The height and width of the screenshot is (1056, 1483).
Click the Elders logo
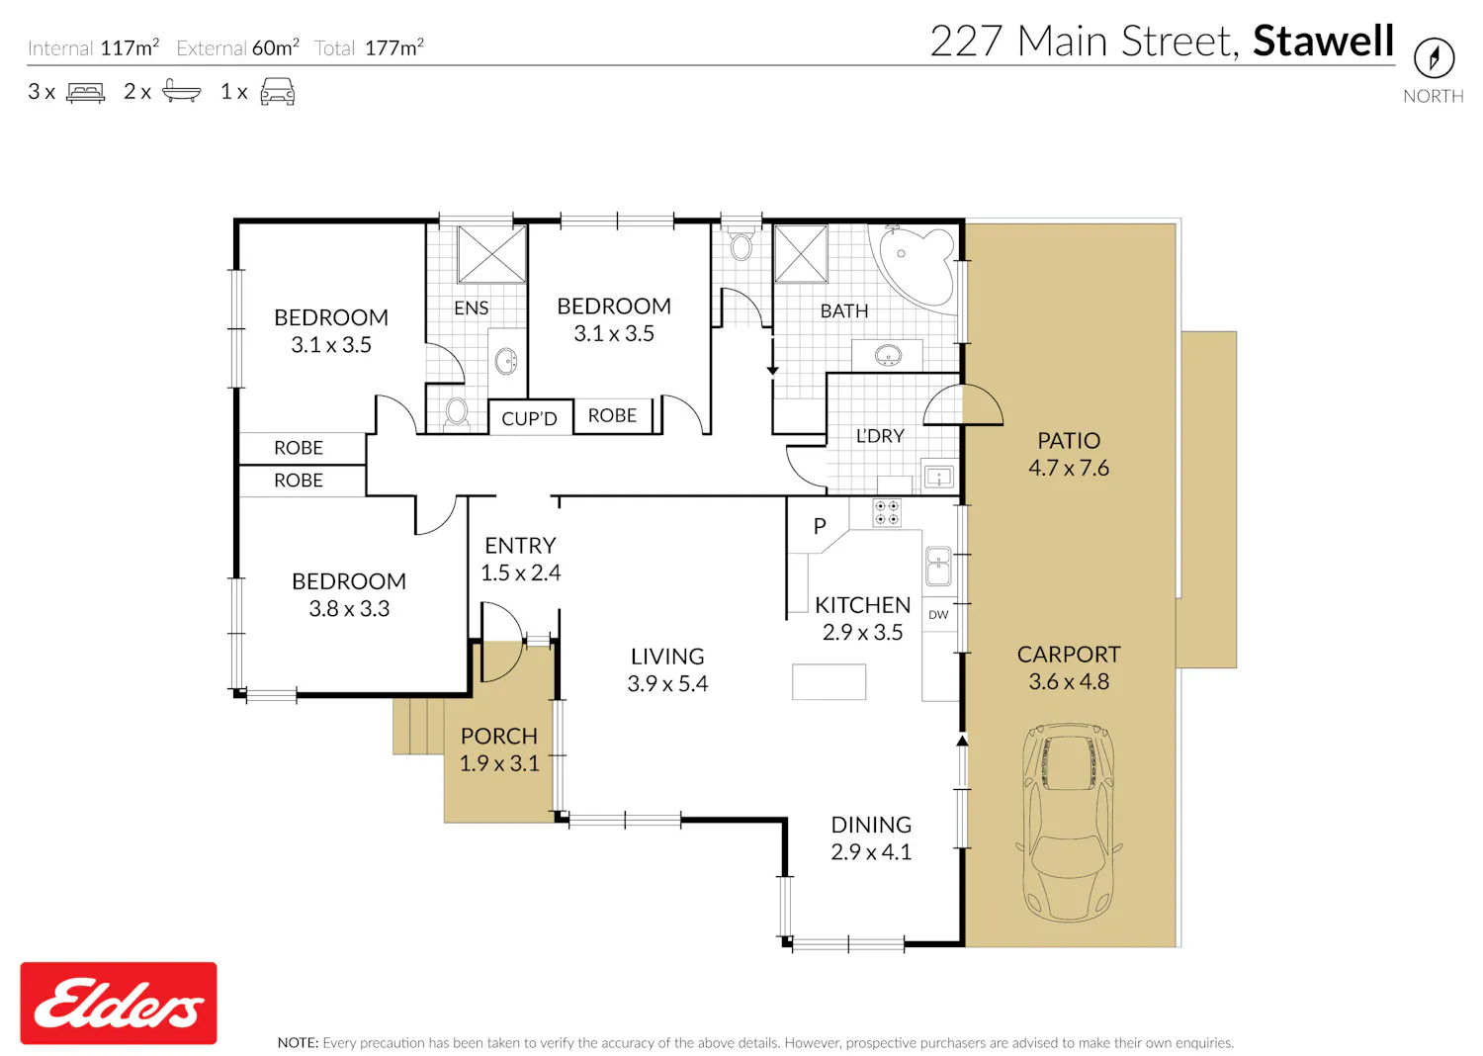(x=119, y=1003)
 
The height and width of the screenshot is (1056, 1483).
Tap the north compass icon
(x=1434, y=58)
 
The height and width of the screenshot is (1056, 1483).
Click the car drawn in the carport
(x=1069, y=823)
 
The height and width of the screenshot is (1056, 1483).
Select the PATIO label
(x=1069, y=440)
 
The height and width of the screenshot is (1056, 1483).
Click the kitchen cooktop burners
(x=887, y=513)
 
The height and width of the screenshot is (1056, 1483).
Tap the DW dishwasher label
(x=938, y=614)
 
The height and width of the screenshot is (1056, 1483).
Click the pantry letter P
(x=820, y=526)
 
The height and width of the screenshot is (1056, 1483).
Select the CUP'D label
(x=529, y=418)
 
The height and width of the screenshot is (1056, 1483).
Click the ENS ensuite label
(x=472, y=308)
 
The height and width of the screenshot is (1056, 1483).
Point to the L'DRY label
(x=880, y=436)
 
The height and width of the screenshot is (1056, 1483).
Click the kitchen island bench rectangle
(x=829, y=682)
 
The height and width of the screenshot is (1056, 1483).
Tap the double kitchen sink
(x=938, y=567)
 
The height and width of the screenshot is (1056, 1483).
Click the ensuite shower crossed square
(x=491, y=254)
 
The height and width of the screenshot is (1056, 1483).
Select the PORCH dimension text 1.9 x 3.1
(x=499, y=763)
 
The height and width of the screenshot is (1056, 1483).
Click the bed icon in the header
(x=85, y=92)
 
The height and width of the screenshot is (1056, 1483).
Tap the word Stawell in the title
(x=1324, y=42)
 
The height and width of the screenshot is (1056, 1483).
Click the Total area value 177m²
(x=393, y=47)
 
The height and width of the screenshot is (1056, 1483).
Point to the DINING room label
(x=871, y=825)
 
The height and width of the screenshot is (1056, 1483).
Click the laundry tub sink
(x=939, y=477)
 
